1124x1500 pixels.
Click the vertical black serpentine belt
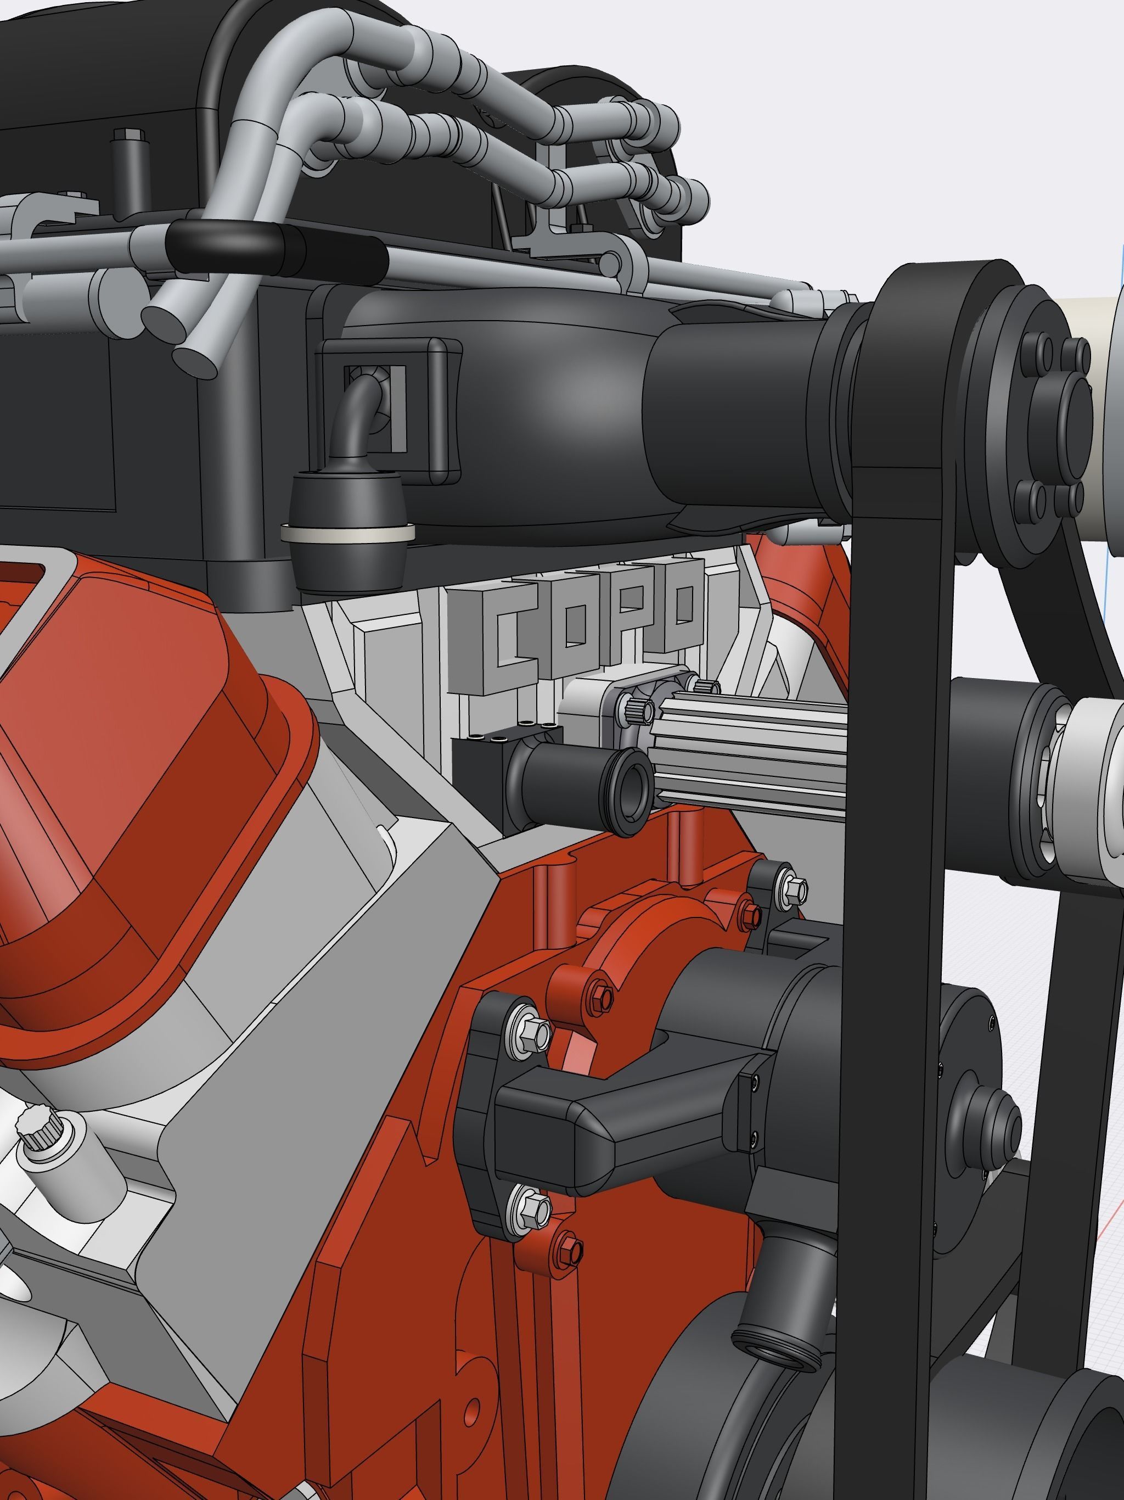pyautogui.click(x=895, y=882)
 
